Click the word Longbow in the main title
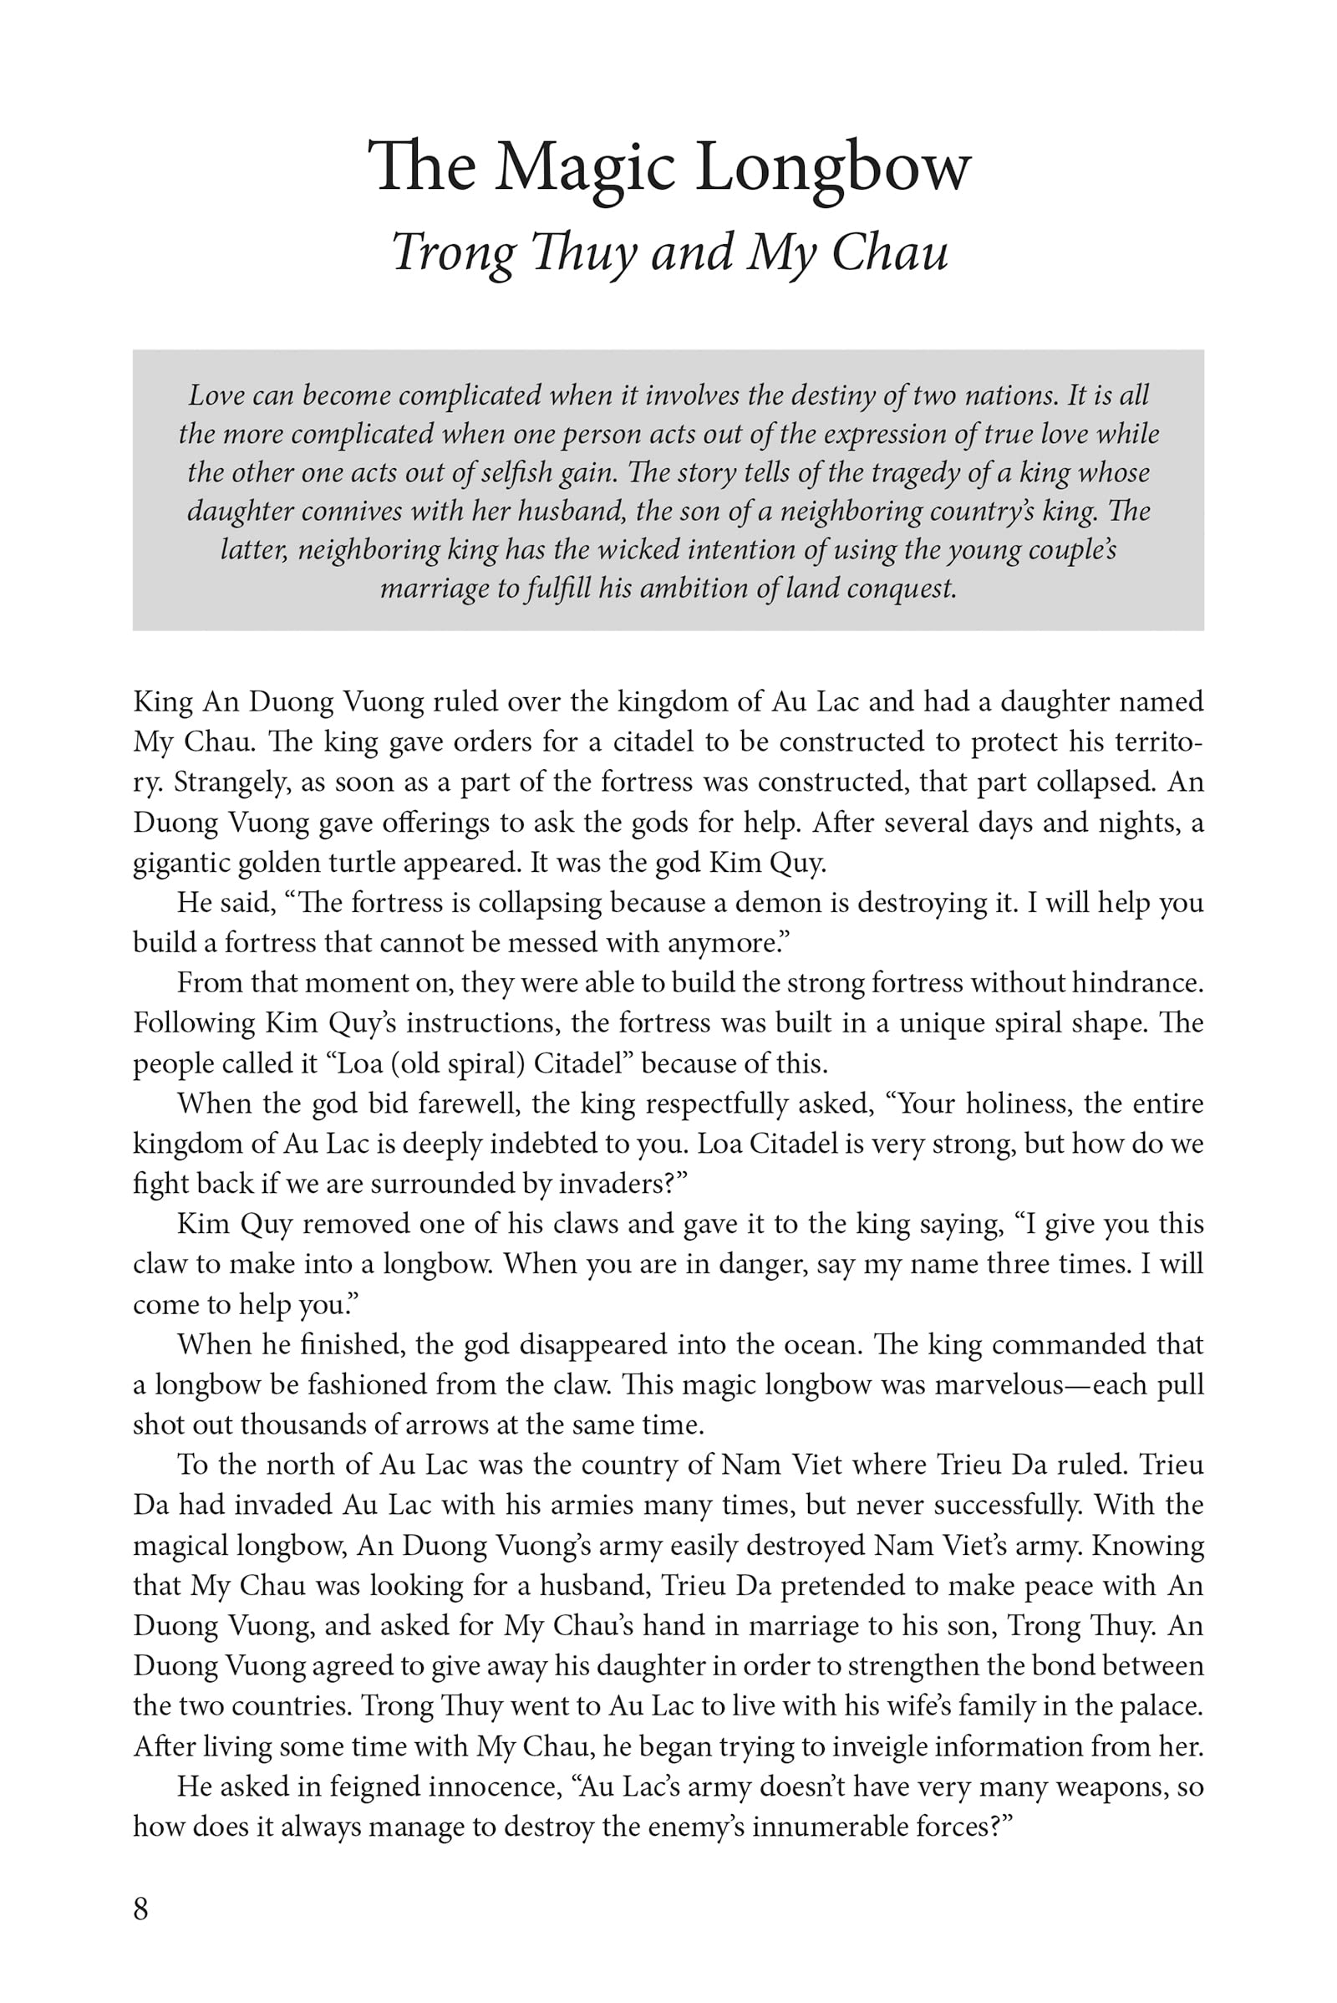(x=833, y=167)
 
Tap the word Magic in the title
(x=586, y=167)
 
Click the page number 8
(x=140, y=1908)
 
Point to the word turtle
(x=363, y=863)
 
